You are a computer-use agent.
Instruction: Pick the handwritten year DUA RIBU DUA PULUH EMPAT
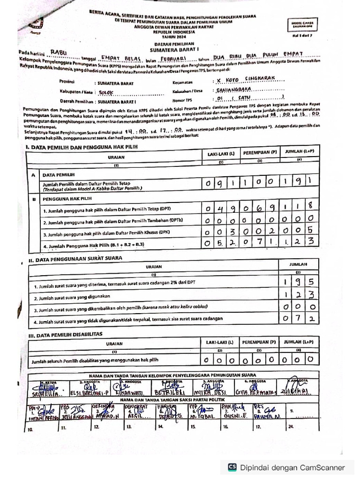258,55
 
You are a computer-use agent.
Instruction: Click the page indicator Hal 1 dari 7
302,35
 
